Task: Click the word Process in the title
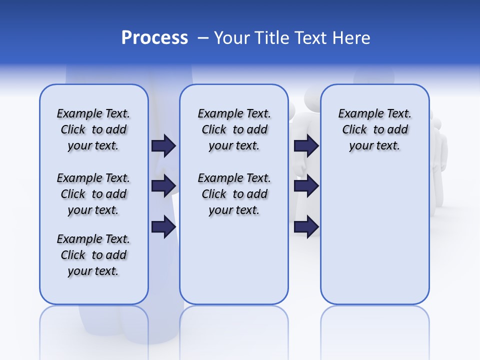154,37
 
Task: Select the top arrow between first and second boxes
163,145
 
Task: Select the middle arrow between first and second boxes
163,185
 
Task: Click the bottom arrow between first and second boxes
163,227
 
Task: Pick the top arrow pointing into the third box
306,145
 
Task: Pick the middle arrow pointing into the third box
306,185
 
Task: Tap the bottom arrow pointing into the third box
306,227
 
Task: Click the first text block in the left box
93,129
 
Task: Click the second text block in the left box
93,194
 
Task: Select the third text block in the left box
93,255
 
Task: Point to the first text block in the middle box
234,129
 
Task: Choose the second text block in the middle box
234,194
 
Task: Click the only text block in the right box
374,129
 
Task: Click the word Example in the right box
356,114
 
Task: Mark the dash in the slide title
203,38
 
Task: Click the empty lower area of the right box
374,240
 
